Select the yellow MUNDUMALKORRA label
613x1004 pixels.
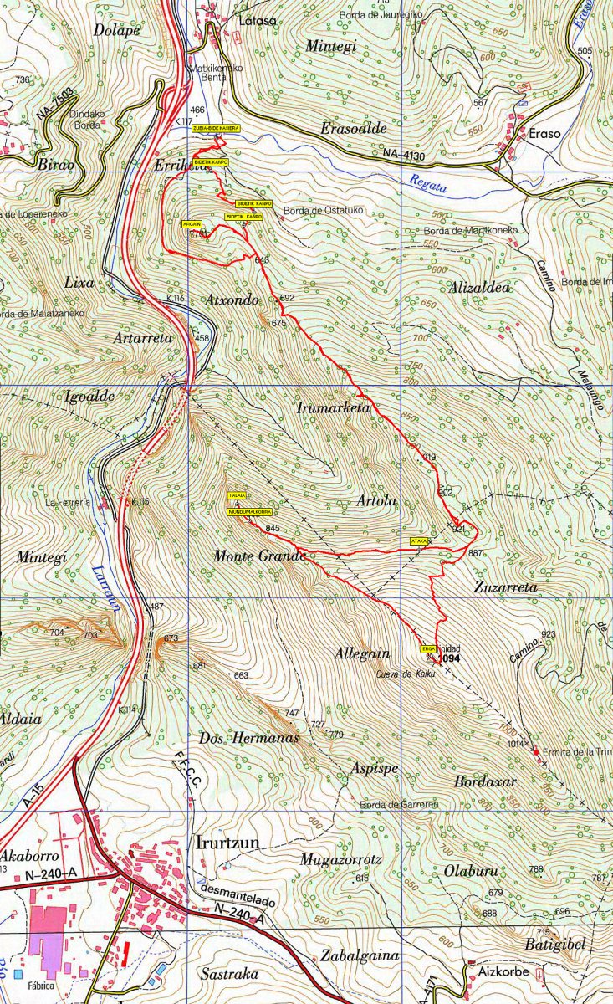click(x=250, y=511)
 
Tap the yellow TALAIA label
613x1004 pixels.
click(x=238, y=496)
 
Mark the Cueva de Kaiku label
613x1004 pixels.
click(x=406, y=674)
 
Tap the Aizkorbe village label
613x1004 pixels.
click(x=502, y=974)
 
